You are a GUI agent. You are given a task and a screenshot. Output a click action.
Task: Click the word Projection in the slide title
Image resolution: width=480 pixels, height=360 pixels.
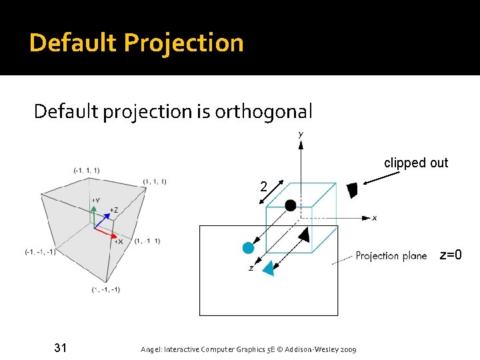pyautogui.click(x=184, y=43)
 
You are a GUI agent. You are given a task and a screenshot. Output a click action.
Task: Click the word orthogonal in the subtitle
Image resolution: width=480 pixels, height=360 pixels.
pyautogui.click(x=263, y=111)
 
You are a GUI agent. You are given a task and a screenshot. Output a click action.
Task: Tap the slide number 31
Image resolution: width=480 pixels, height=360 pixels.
pyautogui.click(x=61, y=347)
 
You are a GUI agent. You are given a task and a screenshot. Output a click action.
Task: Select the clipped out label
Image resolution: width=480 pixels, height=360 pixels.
pyautogui.click(x=416, y=163)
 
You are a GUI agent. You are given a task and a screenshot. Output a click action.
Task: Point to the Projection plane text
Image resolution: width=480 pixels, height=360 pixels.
pyautogui.click(x=391, y=256)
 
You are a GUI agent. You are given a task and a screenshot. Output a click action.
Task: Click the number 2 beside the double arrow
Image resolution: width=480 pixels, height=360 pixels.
pyautogui.click(x=264, y=187)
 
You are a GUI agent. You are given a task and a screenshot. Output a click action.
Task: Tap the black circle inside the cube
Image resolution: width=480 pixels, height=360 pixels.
pyautogui.click(x=291, y=205)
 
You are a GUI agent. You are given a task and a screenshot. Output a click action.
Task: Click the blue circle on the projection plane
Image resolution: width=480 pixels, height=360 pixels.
pyautogui.click(x=249, y=248)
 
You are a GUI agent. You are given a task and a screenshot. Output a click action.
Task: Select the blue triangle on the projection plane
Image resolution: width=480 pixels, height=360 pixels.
pyautogui.click(x=269, y=268)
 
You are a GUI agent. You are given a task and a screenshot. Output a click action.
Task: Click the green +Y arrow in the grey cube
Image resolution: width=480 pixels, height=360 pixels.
pyautogui.click(x=94, y=213)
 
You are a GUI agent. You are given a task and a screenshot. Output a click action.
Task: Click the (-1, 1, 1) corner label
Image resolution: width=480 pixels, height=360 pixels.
pyautogui.click(x=87, y=171)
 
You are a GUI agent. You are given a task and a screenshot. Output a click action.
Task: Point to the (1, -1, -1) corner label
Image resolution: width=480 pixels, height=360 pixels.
pyautogui.click(x=106, y=290)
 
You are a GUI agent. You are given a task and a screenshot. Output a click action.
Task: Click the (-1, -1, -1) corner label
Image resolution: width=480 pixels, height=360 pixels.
pyautogui.click(x=40, y=251)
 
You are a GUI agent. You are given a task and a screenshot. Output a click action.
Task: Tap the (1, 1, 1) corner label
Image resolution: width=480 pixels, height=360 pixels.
pyautogui.click(x=154, y=181)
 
